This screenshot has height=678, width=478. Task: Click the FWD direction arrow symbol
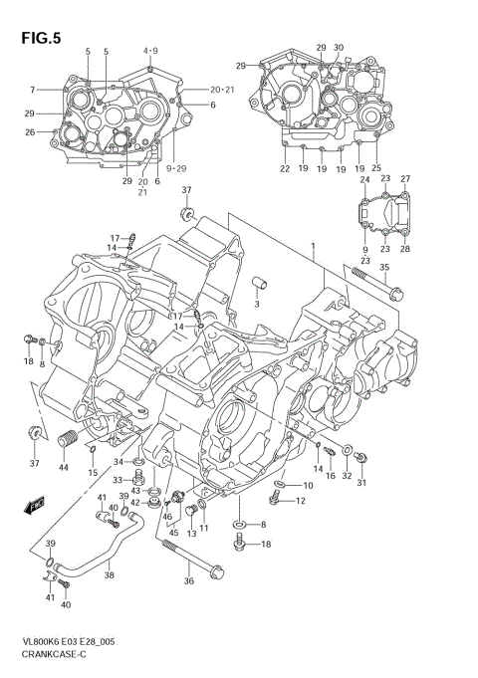tap(36, 505)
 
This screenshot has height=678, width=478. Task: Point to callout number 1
tap(312, 247)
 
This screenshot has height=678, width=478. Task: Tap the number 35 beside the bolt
tap(384, 267)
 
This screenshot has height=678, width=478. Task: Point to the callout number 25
tap(376, 169)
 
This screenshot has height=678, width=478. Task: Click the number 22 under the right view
tap(284, 169)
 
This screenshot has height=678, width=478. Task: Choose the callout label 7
tap(32, 91)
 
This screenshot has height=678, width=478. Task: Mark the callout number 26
tap(30, 132)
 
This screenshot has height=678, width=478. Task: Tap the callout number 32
tap(347, 477)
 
